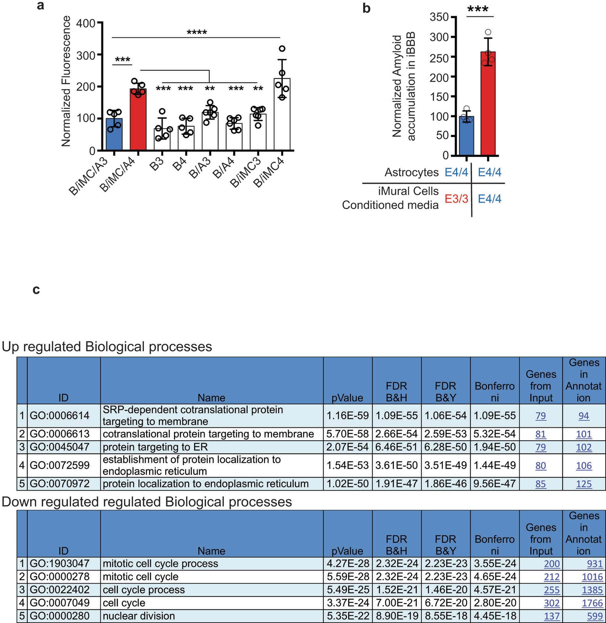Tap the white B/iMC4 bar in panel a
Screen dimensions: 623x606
pyautogui.click(x=282, y=115)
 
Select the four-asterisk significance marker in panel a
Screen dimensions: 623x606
pyautogui.click(x=197, y=33)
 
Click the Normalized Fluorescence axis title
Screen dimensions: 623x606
pyautogui.click(x=66, y=81)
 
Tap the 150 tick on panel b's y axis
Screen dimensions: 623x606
pyautogui.click(x=439, y=97)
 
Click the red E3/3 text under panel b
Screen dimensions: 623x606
pyautogui.click(x=457, y=199)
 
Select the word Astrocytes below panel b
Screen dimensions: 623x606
pyautogui.click(x=411, y=172)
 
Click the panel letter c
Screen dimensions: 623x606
pyautogui.click(x=36, y=290)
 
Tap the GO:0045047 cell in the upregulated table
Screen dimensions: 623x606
pyautogui.click(x=59, y=447)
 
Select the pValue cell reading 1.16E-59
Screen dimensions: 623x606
pyautogui.click(x=347, y=415)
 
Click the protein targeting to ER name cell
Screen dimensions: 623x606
pyautogui.click(x=155, y=447)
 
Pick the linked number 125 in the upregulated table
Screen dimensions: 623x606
pyautogui.click(x=584, y=484)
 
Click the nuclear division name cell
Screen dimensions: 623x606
pyautogui.click(x=139, y=616)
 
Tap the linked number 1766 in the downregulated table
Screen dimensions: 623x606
pyautogui.click(x=592, y=603)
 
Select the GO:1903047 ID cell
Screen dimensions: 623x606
pyautogui.click(x=59, y=563)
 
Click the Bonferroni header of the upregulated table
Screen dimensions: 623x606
pyautogui.click(x=495, y=392)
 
